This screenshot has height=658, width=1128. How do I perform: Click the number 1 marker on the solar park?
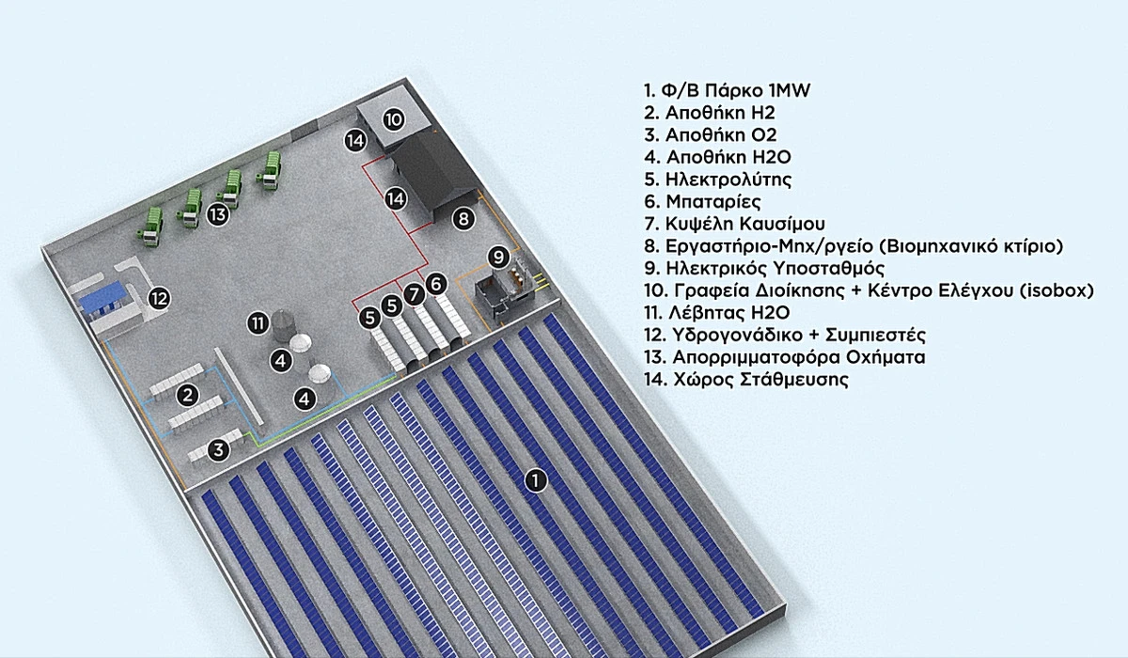click(x=535, y=480)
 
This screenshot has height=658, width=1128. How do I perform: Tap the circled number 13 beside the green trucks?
click(x=218, y=214)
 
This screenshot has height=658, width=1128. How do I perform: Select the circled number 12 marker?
click(x=159, y=299)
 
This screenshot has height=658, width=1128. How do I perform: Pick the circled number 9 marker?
click(x=499, y=256)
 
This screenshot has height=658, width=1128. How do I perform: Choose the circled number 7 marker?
click(x=414, y=294)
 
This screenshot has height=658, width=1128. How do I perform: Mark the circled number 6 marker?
click(x=434, y=282)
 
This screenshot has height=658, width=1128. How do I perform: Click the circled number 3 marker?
click(x=219, y=449)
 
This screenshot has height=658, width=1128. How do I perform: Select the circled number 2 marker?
click(x=188, y=395)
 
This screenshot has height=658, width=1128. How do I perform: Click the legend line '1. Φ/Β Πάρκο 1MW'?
click(x=720, y=90)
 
